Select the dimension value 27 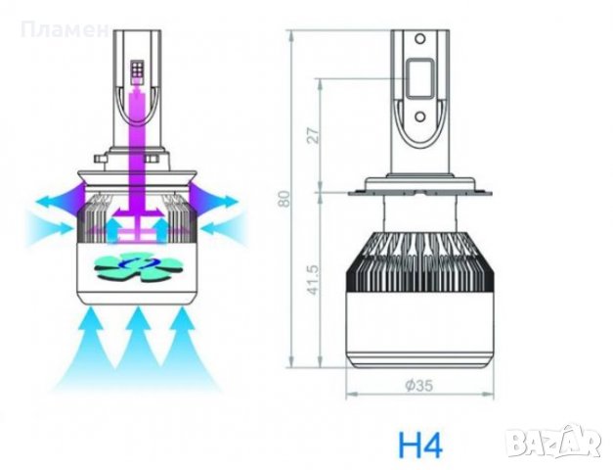point(314,134)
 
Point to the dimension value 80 point(284,198)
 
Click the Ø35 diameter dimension point(417,385)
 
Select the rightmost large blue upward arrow point(186,343)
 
